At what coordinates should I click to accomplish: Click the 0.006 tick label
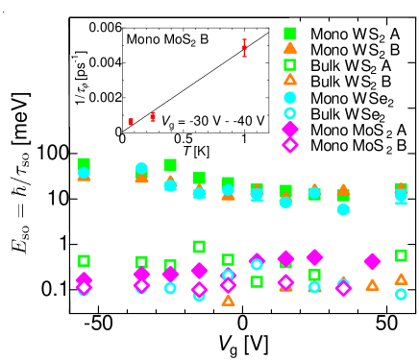[x=106, y=27]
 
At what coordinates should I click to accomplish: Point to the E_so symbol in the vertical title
[x=20, y=234]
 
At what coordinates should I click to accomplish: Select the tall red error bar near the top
[x=244, y=48]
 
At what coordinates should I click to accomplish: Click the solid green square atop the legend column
[x=289, y=34]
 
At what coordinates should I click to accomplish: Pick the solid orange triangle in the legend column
[x=289, y=48]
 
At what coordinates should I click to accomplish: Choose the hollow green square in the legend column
[x=289, y=64]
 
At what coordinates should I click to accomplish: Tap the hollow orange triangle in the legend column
[x=289, y=80]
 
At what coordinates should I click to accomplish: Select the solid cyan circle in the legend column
[x=289, y=97]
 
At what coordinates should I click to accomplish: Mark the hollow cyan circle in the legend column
[x=289, y=112]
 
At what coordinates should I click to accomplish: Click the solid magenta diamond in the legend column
[x=289, y=129]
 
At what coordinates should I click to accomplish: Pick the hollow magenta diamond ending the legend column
[x=289, y=144]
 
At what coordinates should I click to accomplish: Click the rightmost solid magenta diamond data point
[x=372, y=261]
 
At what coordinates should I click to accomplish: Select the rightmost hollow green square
[x=401, y=255]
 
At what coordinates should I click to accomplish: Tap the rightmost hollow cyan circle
[x=401, y=294]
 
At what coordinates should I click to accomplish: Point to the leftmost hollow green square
[x=84, y=260]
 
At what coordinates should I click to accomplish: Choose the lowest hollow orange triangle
[x=228, y=300]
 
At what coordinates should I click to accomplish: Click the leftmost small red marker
[x=131, y=122]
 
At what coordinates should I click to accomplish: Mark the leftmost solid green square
[x=84, y=163]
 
